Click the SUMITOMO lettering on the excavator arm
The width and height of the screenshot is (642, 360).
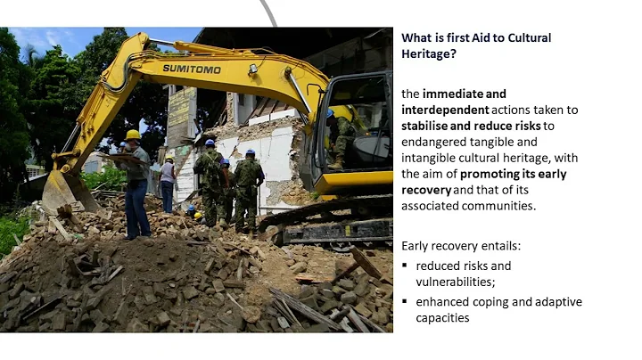coord(192,68)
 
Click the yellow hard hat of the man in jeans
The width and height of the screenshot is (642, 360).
coord(133,135)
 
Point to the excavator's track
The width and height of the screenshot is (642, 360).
coord(339,230)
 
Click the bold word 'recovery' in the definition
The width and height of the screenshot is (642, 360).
coord(427,189)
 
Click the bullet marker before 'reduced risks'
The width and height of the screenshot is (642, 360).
coord(405,266)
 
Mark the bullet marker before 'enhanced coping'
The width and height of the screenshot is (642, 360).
coord(405,302)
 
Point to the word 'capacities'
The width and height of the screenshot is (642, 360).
coord(442,317)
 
